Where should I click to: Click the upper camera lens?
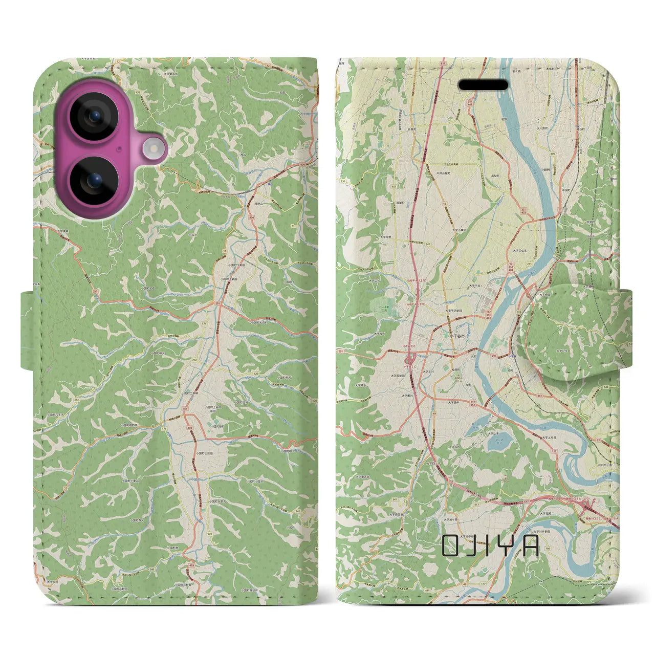94,116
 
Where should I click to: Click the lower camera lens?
94,181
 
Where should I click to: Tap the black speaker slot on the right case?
483,85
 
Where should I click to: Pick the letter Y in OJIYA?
506,546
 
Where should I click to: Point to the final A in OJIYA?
530,546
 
